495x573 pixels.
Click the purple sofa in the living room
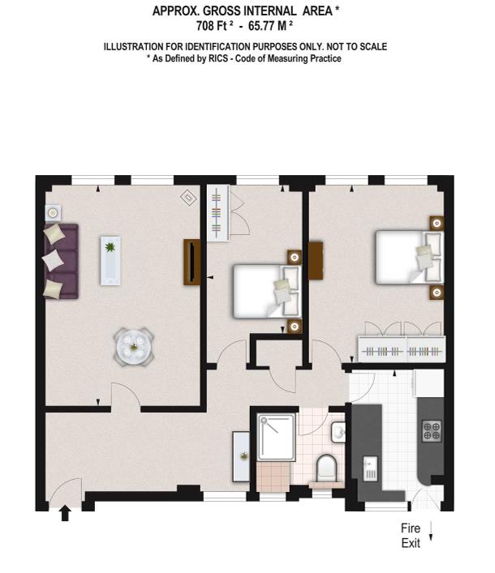point(61,261)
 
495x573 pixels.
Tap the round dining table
point(134,346)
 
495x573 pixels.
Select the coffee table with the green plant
point(110,260)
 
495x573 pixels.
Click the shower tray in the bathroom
point(276,437)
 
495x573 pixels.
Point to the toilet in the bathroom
point(326,468)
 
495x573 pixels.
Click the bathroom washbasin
point(338,432)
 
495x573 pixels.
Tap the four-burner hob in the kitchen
point(432,431)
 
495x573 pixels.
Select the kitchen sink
point(370,468)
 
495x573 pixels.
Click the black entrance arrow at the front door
point(65,513)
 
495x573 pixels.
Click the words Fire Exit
point(411,536)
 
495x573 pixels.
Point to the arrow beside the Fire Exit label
point(431,532)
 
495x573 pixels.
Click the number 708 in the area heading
point(204,26)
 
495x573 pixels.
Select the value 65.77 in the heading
point(262,26)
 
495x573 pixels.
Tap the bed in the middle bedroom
point(267,291)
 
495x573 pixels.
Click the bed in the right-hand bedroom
point(410,257)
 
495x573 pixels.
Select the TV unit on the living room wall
point(192,262)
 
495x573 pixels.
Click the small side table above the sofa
point(53,212)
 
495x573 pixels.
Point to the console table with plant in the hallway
point(241,456)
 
